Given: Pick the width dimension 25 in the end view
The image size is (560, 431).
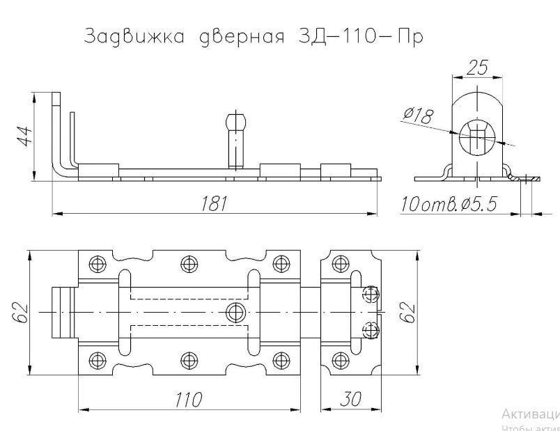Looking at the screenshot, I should (477, 68).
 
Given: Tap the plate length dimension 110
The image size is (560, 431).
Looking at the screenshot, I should (188, 400).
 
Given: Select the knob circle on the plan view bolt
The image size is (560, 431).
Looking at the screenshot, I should (235, 311).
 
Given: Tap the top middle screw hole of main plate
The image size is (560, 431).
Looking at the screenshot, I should (188, 263).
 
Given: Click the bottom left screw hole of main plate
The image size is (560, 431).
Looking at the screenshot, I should (95, 360).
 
